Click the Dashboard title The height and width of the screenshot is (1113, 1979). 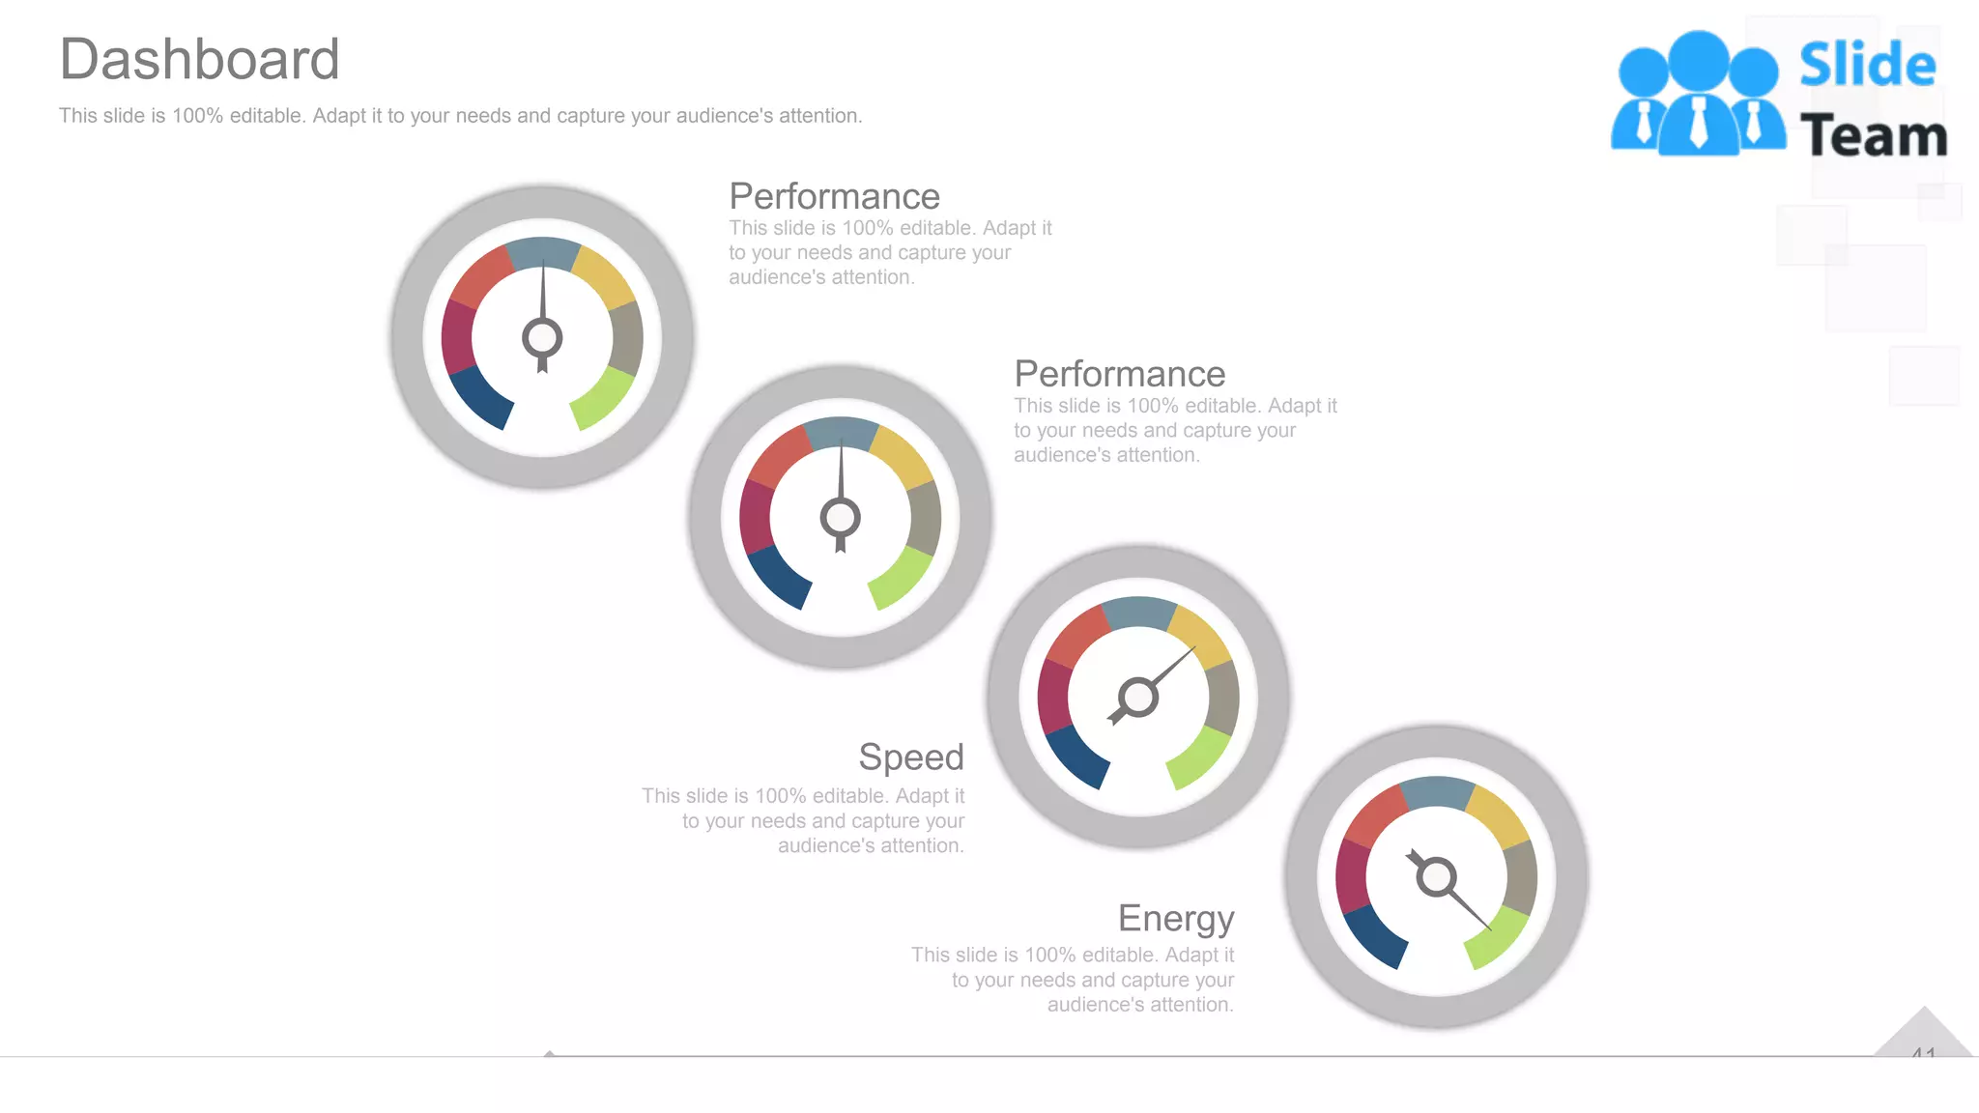click(199, 60)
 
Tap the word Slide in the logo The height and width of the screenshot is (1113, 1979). click(1867, 66)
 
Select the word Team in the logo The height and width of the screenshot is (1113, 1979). click(1873, 136)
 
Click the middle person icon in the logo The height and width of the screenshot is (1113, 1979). click(1698, 92)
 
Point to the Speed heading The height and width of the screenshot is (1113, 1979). click(910, 756)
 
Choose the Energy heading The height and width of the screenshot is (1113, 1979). click(1175, 918)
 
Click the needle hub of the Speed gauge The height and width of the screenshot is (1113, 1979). click(1138, 697)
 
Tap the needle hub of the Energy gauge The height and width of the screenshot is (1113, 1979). click(1436, 877)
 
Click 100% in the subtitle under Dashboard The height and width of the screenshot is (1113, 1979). click(197, 116)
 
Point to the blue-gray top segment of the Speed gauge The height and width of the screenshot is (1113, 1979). click(1138, 613)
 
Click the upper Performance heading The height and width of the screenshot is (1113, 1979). click(834, 196)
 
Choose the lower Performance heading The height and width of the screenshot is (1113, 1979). click(1119, 374)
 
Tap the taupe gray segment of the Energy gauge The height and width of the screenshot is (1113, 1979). click(1521, 877)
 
